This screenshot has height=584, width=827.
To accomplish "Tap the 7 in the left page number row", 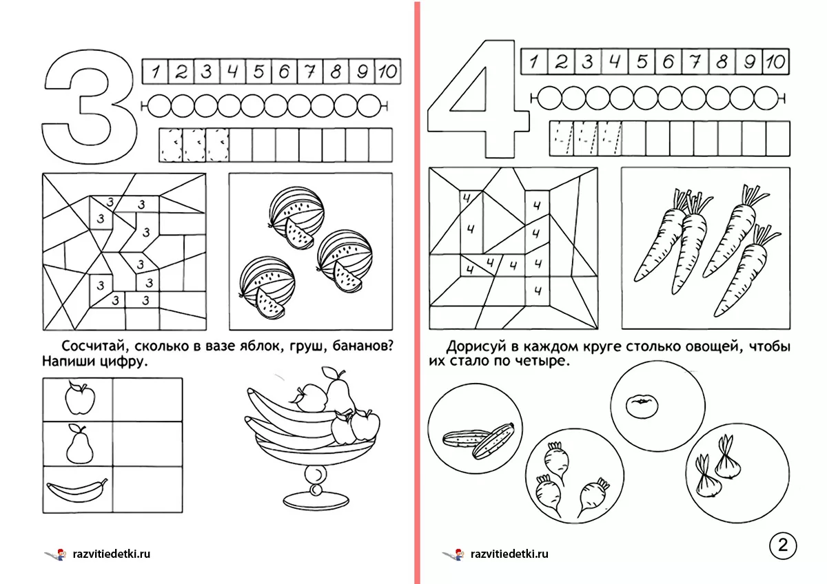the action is click(x=310, y=71).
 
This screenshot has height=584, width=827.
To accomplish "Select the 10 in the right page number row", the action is click(x=775, y=61).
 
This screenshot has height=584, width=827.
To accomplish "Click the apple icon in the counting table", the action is click(x=80, y=399).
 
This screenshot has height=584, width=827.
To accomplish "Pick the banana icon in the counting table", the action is click(x=77, y=490).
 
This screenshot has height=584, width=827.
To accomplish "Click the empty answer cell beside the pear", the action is click(x=147, y=444).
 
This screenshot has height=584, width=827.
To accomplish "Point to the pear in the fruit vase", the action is click(x=339, y=392).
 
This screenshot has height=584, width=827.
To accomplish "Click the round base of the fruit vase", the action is click(x=316, y=500).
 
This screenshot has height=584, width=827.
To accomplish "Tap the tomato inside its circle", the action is click(x=642, y=406).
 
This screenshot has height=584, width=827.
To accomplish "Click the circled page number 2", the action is click(x=783, y=545).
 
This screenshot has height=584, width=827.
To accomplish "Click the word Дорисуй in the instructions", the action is click(x=477, y=347).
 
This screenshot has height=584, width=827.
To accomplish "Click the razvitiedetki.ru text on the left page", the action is click(x=112, y=554).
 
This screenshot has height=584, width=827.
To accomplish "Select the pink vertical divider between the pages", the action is click(x=417, y=292).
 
